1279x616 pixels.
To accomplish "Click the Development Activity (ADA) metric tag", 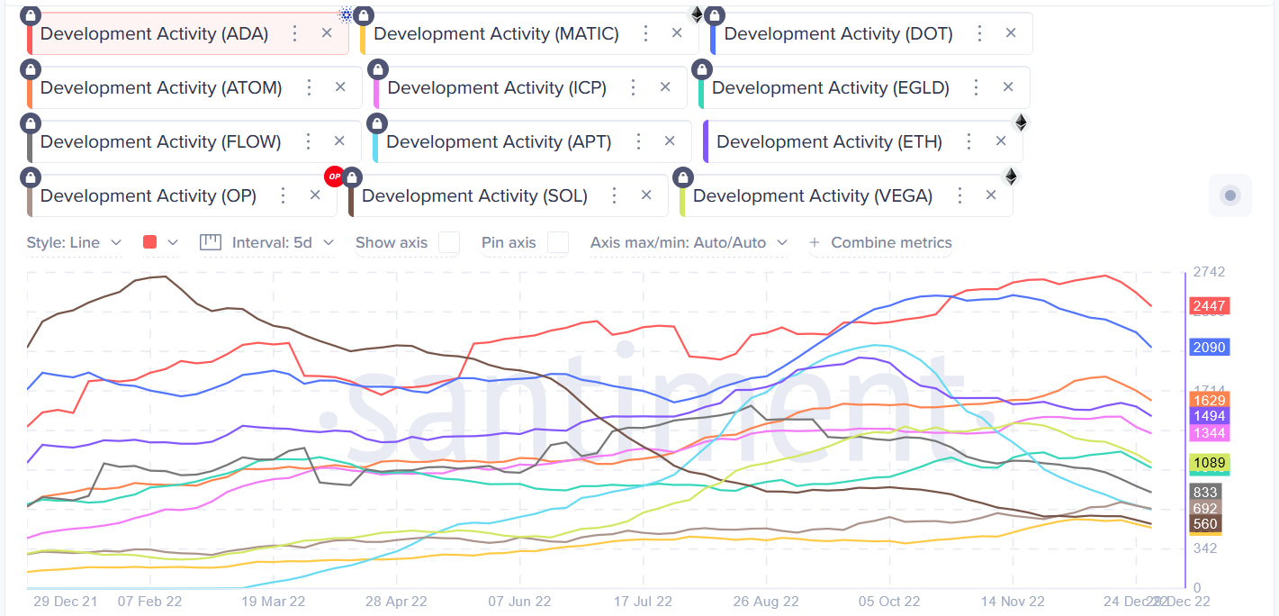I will (154, 34).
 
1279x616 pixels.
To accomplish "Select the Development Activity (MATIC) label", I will (496, 34).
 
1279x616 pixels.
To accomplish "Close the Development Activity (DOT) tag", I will (1011, 33).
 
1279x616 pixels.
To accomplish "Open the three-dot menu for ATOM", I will (309, 87).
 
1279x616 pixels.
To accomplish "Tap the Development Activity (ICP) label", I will (497, 88).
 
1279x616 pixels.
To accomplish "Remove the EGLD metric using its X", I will (1008, 87).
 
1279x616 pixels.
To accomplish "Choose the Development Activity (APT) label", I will (499, 142).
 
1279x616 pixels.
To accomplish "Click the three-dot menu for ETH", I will (968, 141).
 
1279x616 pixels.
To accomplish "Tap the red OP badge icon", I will (335, 177).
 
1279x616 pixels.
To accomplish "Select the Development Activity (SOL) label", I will (474, 196).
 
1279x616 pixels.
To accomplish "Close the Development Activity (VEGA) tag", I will (991, 195).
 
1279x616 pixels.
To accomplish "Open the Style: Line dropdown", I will (74, 242).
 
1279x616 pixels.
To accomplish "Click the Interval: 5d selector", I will (271, 242).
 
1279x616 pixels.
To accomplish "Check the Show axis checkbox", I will (448, 242).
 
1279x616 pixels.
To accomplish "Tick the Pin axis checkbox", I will (558, 242).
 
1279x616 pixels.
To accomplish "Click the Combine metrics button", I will (881, 242).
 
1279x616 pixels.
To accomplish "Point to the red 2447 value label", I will (1209, 306).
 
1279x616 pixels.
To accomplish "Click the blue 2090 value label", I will (1209, 347).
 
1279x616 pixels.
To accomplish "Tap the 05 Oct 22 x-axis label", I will (888, 601).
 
